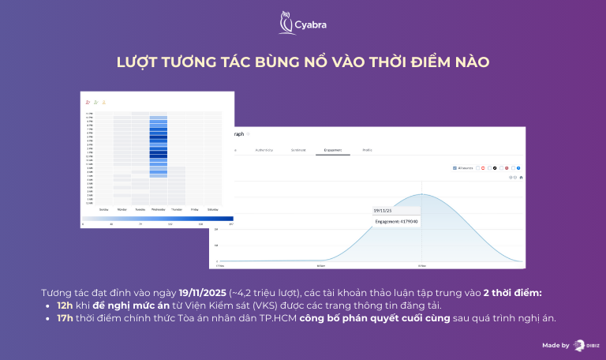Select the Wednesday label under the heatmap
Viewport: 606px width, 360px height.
158,209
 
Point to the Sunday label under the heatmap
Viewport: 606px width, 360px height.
103,209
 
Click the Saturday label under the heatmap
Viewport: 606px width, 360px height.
212,209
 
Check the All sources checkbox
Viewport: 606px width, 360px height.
455,168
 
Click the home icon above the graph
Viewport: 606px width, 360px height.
521,177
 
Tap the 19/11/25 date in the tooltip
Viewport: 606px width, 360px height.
383,211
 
